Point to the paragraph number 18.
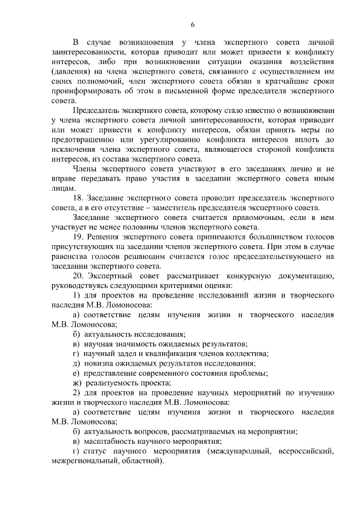pos(79,198)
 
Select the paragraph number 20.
pos(79,276)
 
